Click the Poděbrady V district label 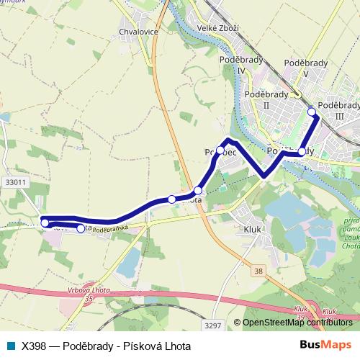click(305, 68)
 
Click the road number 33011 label click(14, 183)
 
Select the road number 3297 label click(213, 326)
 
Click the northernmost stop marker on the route click(312, 111)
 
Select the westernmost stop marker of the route click(45, 223)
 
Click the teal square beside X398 click(11, 346)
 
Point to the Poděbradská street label click(110, 228)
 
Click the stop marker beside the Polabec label click(220, 151)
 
